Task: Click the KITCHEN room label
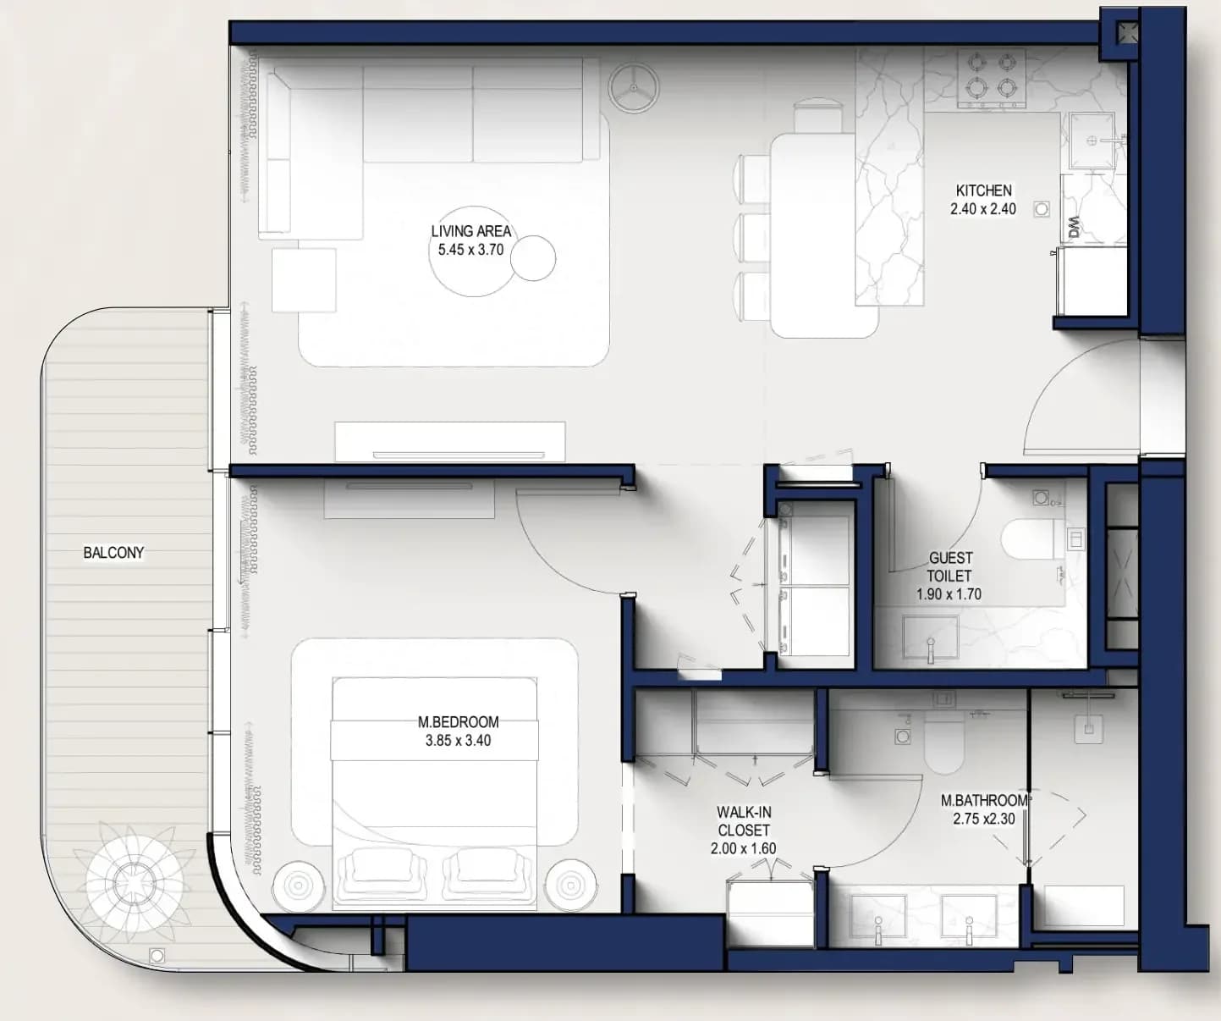pos(983,190)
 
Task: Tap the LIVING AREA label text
pos(470,231)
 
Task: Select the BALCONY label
pos(113,552)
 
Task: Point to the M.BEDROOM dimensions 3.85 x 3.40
pos(458,740)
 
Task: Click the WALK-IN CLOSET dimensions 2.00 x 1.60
pos(743,848)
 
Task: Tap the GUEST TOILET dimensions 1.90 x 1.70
pos(949,593)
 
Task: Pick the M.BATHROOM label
pos(983,800)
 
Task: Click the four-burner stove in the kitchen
pos(992,79)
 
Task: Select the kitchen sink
pos(1092,141)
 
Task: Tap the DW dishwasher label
pos(1075,227)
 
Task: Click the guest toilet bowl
pos(1027,538)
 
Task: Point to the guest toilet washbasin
pos(931,637)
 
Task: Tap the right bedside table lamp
pos(571,885)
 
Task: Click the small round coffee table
pos(533,257)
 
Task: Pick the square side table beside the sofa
pos(304,280)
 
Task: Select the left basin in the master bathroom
pos(877,917)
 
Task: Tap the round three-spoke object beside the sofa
pos(633,88)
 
